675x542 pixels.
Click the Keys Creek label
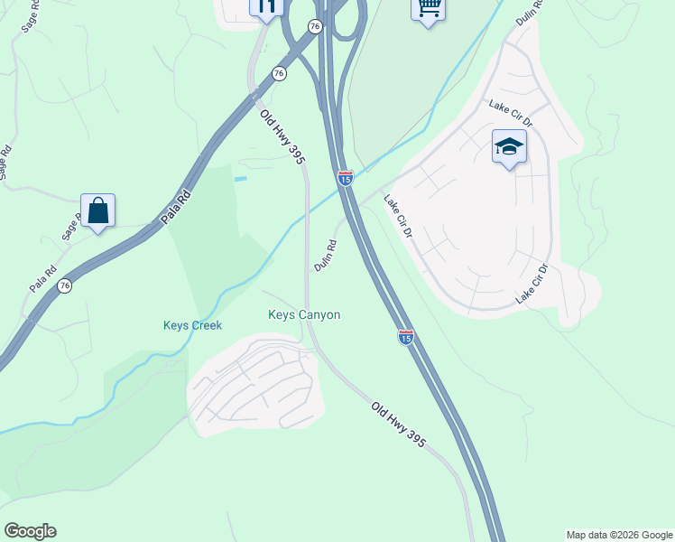192,325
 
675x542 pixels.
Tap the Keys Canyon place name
304,314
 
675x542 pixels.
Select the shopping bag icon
97,211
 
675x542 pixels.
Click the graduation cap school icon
509,147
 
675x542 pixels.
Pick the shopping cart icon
428,8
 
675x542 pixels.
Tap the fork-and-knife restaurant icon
266,7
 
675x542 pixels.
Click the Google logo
30,531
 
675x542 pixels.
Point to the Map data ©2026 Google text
620,535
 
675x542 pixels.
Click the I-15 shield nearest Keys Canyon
406,337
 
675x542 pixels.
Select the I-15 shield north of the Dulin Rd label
346,178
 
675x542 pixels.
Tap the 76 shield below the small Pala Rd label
63,285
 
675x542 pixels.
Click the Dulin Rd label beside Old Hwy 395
326,256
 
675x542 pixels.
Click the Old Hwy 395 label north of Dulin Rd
283,135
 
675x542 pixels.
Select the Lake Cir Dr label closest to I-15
397,217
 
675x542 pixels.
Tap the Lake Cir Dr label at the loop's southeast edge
532,284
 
